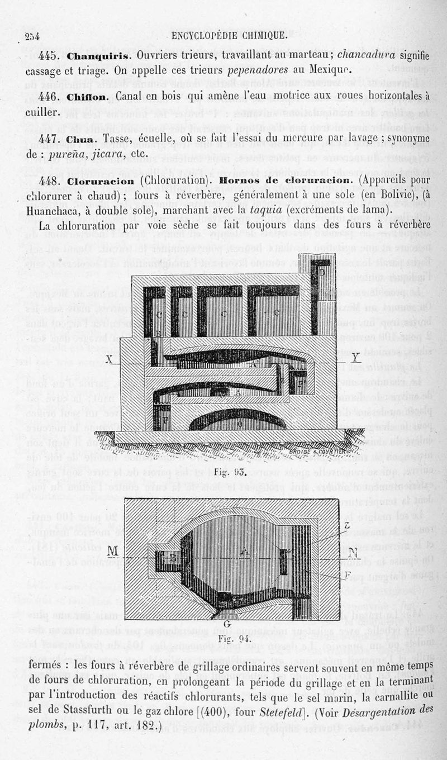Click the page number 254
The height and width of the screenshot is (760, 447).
click(32, 37)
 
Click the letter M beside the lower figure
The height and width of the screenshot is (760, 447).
click(113, 552)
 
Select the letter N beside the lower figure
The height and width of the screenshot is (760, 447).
click(353, 553)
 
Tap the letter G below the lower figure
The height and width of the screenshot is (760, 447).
click(227, 624)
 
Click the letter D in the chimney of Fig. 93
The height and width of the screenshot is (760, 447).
click(322, 272)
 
